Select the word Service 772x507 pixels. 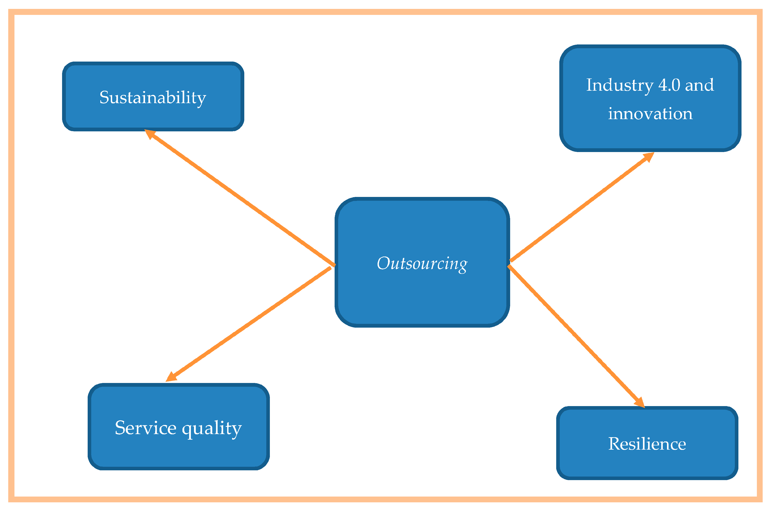[x=146, y=428]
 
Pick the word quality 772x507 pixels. [x=212, y=429]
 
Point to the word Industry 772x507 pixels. [x=620, y=86]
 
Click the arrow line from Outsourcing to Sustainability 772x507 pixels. [x=240, y=198]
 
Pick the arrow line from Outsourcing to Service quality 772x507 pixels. [x=250, y=323]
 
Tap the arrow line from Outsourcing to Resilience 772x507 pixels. [x=574, y=334]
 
